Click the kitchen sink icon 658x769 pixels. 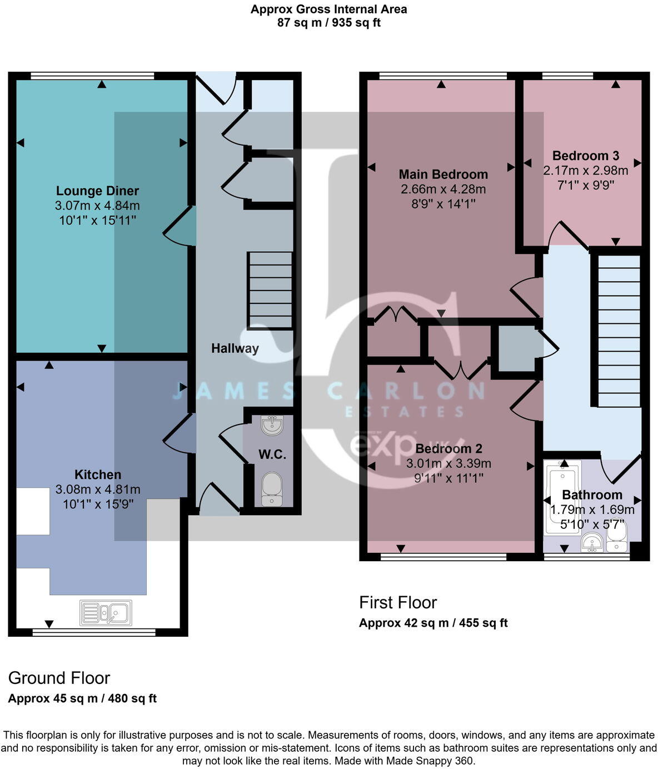click(106, 613)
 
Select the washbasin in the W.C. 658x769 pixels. click(272, 425)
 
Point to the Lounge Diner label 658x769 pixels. click(97, 191)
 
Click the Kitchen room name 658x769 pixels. click(98, 475)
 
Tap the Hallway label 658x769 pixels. click(235, 348)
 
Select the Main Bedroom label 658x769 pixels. click(443, 174)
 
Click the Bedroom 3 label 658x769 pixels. click(586, 156)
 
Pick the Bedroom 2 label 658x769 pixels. click(448, 448)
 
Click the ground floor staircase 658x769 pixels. click(270, 290)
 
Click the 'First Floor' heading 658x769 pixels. click(398, 602)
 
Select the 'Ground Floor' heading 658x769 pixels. click(59, 678)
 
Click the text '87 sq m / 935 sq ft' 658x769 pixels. click(329, 23)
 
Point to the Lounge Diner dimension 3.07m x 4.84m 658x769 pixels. click(97, 206)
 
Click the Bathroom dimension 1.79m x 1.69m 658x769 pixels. click(592, 510)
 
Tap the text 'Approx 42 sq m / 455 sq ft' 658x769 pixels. click(433, 623)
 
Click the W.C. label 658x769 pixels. click(272, 455)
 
